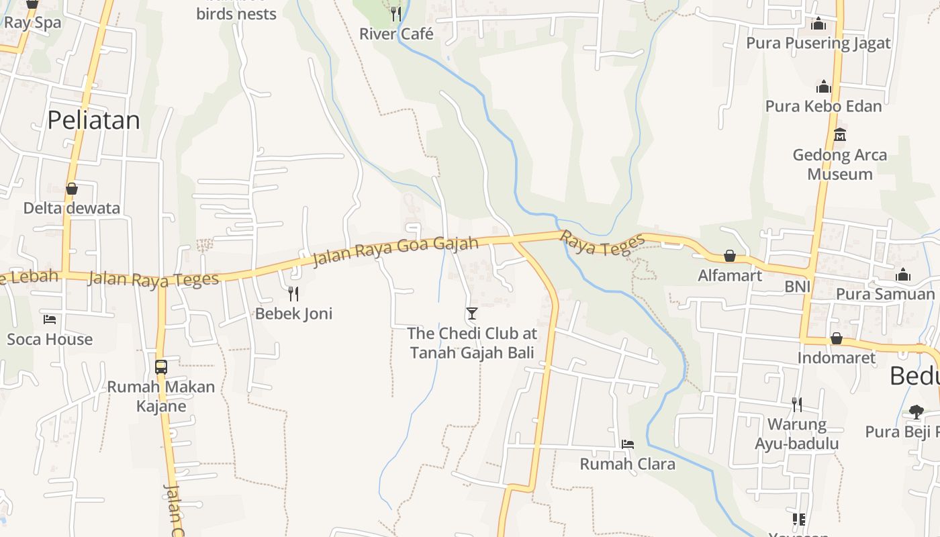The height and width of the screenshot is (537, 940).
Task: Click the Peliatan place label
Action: (93, 120)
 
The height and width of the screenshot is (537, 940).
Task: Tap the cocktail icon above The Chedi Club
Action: (472, 313)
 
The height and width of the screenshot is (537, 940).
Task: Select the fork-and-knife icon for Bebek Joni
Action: (293, 293)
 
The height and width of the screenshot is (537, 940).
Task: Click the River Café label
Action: (396, 34)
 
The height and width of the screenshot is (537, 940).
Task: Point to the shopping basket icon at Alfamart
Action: (730, 256)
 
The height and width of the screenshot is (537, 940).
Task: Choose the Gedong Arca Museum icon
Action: (839, 135)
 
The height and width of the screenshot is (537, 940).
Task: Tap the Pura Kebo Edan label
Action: (823, 106)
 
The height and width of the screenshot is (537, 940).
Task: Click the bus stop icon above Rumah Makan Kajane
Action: (161, 367)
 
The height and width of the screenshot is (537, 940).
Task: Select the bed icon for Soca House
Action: (50, 319)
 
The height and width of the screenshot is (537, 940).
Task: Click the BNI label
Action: (798, 287)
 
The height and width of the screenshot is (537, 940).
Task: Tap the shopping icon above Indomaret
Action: (837, 338)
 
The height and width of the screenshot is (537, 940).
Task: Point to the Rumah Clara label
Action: (627, 464)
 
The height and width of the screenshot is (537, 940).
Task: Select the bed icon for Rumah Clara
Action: (628, 444)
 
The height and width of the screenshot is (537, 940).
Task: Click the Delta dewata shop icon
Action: (72, 189)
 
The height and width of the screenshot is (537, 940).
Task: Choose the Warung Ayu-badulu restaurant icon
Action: (797, 404)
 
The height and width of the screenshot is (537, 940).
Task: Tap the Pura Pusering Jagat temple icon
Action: (818, 24)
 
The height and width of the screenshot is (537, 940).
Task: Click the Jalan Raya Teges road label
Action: (154, 279)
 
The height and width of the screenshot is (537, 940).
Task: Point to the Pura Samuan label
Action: (885, 294)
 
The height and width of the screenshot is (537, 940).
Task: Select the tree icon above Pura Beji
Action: (916, 411)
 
